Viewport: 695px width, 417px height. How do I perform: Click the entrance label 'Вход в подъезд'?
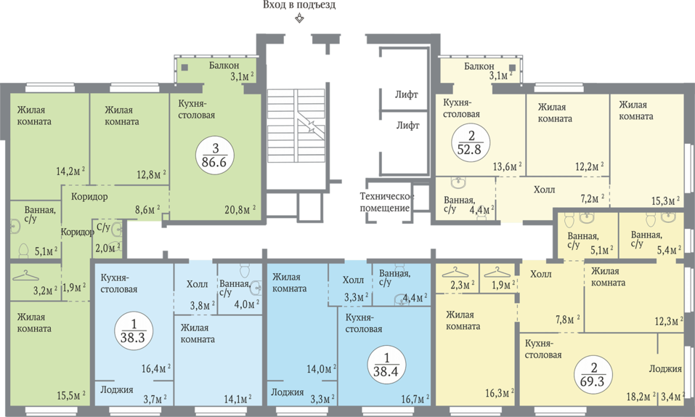tap(299, 5)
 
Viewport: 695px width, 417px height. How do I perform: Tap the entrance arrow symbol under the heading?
tap(300, 18)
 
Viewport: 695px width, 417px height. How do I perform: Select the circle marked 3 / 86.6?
tap(214, 155)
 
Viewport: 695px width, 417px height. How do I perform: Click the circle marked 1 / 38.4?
tap(386, 365)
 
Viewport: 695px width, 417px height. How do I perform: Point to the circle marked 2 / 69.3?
tap(593, 375)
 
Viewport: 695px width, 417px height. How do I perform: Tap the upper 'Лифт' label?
tap(407, 94)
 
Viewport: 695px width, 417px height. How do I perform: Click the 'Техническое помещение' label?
tap(386, 202)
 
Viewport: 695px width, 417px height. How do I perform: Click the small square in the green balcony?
tap(185, 68)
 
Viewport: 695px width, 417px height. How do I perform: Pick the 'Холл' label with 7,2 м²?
tap(544, 190)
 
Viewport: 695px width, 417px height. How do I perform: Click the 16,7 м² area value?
tap(414, 398)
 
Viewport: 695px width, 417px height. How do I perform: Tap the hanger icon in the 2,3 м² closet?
tap(455, 271)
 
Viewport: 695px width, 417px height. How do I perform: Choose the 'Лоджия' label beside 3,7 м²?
tap(117, 389)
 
